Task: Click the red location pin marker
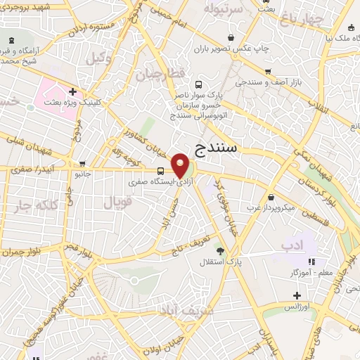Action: click(181, 165)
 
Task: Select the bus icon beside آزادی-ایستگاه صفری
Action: click(161, 171)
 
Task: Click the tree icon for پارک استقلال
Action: click(220, 250)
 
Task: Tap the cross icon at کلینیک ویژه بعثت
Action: click(73, 91)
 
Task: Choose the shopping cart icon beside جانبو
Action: click(82, 163)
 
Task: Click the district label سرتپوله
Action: click(223, 9)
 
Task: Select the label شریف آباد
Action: click(181, 310)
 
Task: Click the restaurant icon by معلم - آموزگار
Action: click(311, 262)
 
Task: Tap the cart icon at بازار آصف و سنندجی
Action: click(267, 72)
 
